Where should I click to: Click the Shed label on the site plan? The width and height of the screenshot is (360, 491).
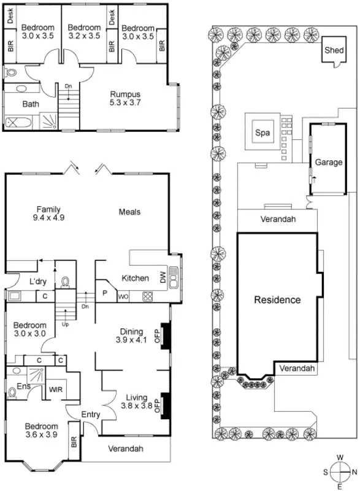point(334,50)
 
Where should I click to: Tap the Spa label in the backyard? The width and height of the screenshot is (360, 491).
point(262,132)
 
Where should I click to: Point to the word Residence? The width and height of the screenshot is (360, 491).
point(278,300)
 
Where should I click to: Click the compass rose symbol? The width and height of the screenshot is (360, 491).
point(340,471)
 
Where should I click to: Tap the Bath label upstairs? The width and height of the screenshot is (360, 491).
point(31,104)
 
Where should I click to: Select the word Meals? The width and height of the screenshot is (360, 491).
point(130,212)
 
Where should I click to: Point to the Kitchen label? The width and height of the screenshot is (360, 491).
point(135,278)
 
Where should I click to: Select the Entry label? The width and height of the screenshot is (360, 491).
point(91,415)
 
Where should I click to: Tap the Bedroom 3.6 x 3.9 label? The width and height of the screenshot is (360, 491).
point(41,431)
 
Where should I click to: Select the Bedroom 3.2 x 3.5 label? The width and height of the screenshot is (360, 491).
point(84,32)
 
